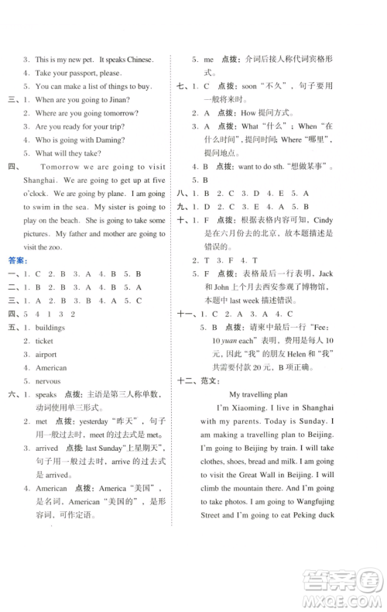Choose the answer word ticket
pyautogui.click(x=45, y=340)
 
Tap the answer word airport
pyautogui.click(x=46, y=354)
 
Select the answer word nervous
pyautogui.click(x=49, y=381)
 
